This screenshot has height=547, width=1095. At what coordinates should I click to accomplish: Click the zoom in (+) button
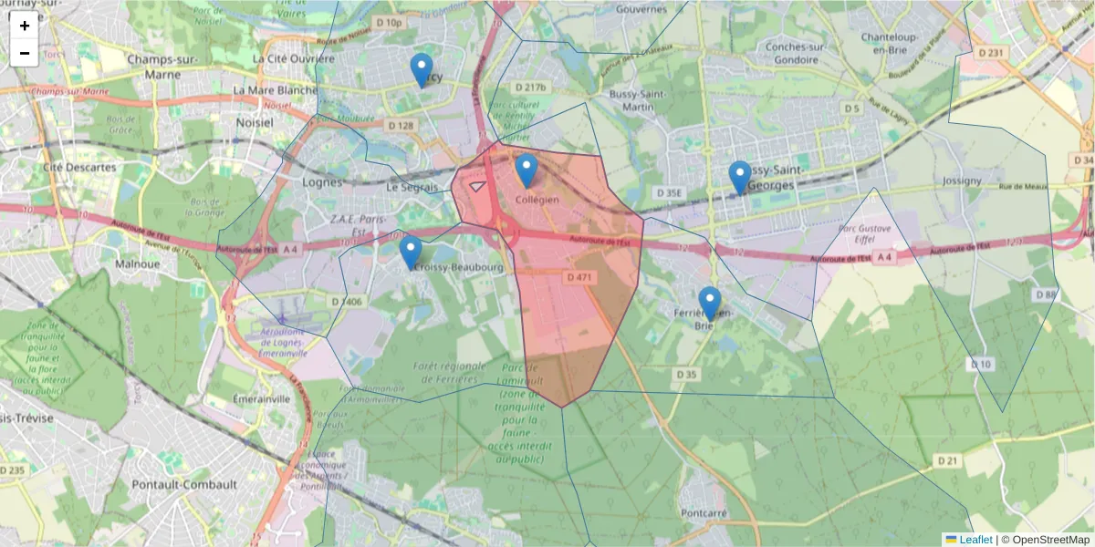25,26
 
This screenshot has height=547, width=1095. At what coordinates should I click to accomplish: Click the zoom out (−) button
25,53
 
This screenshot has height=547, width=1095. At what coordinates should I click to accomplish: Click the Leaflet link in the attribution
975,540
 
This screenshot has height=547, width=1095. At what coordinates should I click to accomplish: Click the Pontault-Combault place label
184,484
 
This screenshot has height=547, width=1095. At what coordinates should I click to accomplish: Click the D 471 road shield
579,276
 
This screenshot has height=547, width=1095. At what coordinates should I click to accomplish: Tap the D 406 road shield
347,301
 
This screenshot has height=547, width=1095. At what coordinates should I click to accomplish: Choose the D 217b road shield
529,88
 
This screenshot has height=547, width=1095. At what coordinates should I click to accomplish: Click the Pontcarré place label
704,513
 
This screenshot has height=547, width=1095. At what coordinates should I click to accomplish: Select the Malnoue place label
138,263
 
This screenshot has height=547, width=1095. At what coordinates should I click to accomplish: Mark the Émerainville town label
261,398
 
